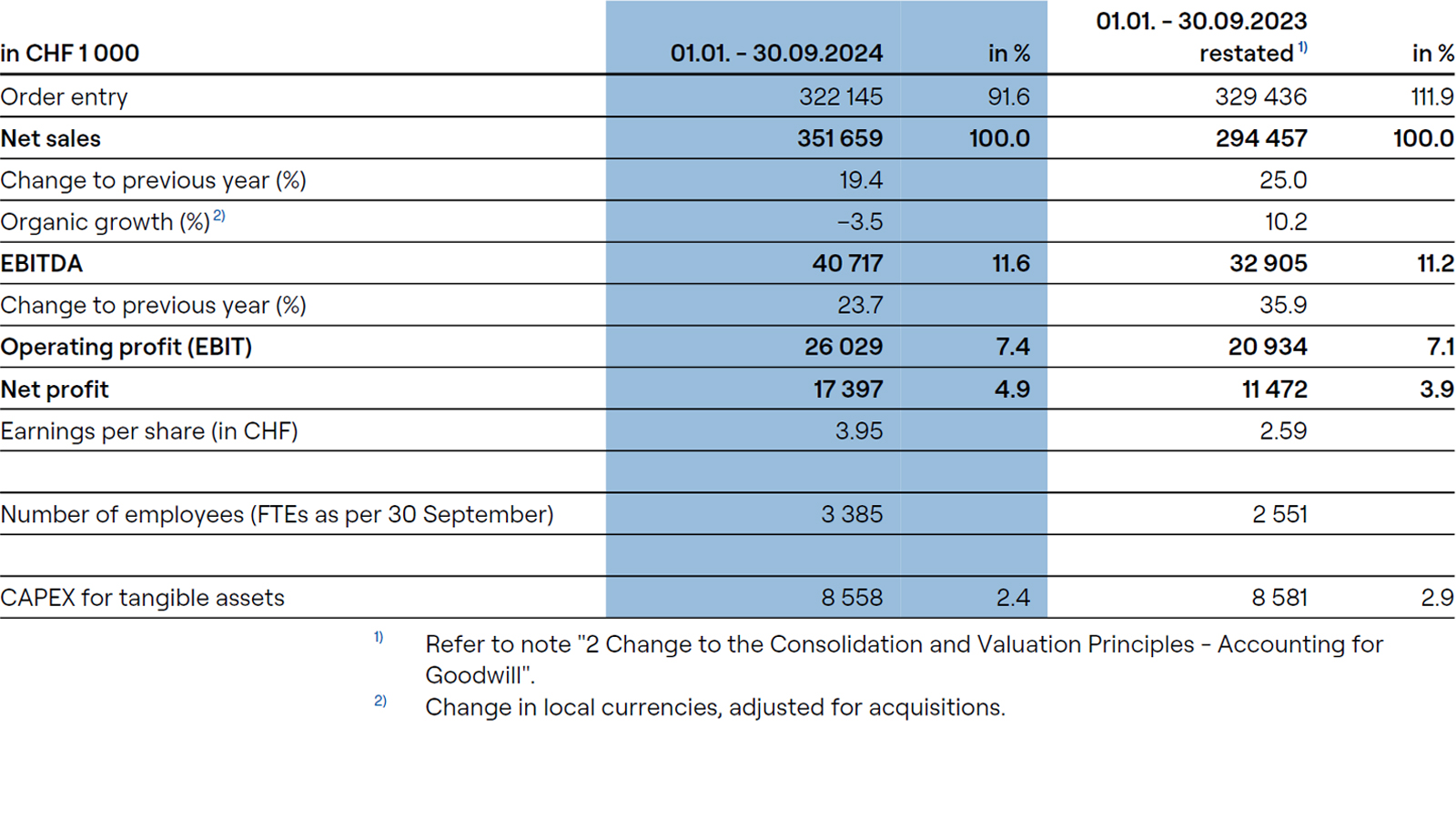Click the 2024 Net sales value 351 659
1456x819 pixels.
pos(839,138)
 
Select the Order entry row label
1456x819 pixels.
pos(65,96)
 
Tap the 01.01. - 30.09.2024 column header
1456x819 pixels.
pos(775,53)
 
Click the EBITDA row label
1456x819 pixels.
pos(42,264)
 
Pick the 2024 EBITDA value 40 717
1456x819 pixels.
pos(847,264)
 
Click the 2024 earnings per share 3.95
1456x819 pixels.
pos(858,430)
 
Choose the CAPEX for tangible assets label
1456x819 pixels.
pos(143,598)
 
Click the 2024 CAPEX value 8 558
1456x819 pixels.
pos(851,598)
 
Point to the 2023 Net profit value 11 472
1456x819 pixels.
pos(1274,389)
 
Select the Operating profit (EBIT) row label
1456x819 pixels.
pos(126,347)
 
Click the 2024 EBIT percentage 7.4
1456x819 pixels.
pos(1012,347)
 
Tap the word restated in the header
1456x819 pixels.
pos(1246,54)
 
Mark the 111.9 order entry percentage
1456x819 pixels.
pos(1431,96)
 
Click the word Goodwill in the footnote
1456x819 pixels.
pos(477,675)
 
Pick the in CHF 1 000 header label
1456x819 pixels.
pos(70,53)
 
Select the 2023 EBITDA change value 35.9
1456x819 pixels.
pos(1282,305)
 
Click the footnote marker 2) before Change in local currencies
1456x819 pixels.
pos(379,701)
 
